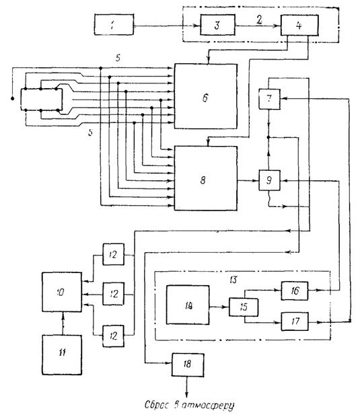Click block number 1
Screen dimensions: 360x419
click(114, 25)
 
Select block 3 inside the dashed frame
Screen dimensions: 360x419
click(218, 25)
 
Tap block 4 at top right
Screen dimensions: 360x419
click(299, 25)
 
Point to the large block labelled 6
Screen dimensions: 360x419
click(205, 96)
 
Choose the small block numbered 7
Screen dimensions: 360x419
click(269, 99)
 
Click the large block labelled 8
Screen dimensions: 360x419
click(205, 178)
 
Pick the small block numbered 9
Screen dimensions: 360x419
click(269, 180)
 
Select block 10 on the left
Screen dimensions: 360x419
click(62, 292)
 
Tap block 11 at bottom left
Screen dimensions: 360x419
click(62, 355)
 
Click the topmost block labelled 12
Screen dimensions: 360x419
click(114, 254)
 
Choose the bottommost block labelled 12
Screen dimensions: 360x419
click(114, 336)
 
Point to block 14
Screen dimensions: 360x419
click(188, 305)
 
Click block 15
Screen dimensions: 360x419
click(244, 307)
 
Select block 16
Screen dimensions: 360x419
click(295, 291)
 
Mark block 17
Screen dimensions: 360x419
click(295, 321)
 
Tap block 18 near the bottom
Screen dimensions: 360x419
click(188, 365)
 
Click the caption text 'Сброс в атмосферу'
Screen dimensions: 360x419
click(190, 405)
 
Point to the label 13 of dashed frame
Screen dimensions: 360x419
click(233, 280)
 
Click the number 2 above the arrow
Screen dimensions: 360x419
click(259, 20)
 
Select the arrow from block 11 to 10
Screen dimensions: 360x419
click(63, 323)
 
